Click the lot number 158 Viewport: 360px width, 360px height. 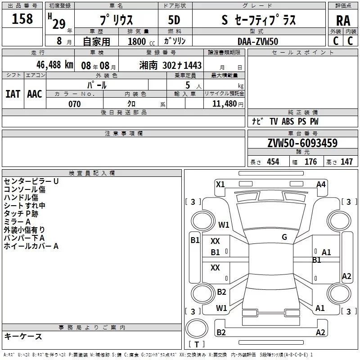22,18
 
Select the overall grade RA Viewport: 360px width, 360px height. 343,21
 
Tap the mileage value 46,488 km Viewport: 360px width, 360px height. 54,65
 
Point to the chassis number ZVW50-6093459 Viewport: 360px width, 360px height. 302,143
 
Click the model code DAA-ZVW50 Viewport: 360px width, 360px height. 258,41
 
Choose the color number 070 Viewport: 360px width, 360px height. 75,104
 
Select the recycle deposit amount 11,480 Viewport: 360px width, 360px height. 225,103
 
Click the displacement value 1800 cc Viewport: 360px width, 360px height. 141,41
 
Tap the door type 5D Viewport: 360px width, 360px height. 174,20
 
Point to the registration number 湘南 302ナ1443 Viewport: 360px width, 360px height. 171,65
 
